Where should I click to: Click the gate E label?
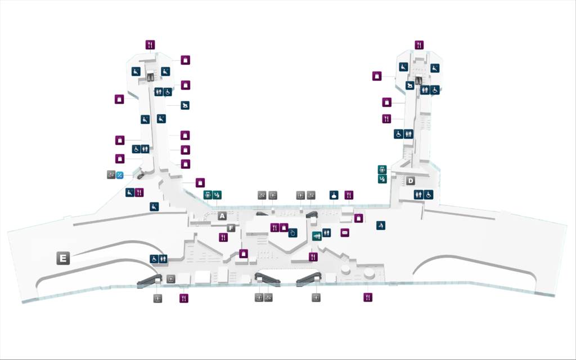tap(63, 259)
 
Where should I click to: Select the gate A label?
tap(222, 216)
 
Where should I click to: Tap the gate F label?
tap(231, 228)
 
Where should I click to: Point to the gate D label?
tap(411, 181)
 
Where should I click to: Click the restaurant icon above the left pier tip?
tap(150, 44)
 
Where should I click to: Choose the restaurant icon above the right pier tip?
tap(419, 44)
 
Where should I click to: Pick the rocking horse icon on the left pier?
tap(185, 105)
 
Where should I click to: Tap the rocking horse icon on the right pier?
tap(411, 85)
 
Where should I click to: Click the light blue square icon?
tap(120, 175)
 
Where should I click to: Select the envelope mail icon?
tap(345, 232)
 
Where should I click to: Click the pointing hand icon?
tap(292, 232)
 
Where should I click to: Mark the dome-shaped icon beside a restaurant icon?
tap(334, 195)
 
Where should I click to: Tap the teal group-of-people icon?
tap(317, 236)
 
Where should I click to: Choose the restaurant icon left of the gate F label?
tap(223, 237)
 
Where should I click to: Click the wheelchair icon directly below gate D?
tap(429, 195)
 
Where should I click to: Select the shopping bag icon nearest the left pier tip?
tap(185, 60)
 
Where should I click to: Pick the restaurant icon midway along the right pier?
tap(386, 119)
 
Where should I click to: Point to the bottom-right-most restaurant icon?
tap(368, 297)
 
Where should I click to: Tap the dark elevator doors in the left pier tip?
tap(150, 78)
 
